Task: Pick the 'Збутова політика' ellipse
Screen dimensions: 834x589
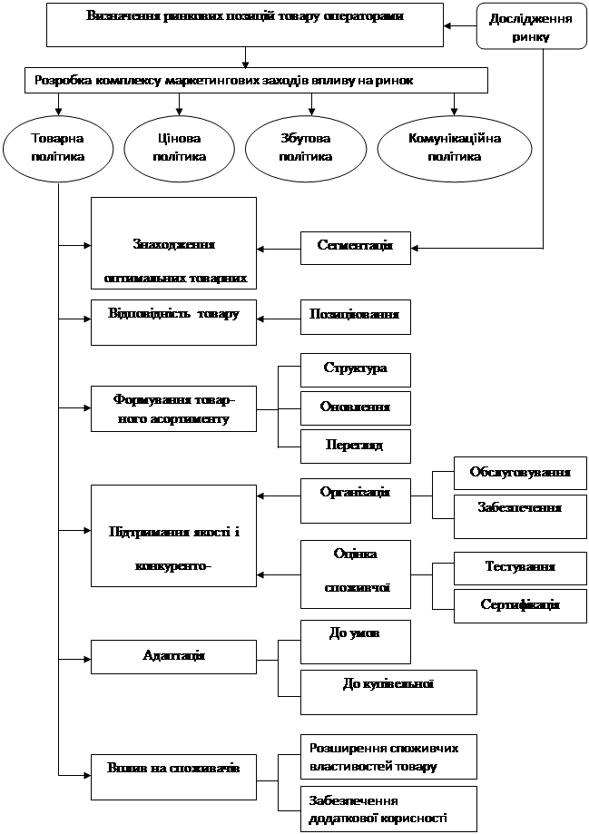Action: click(x=305, y=147)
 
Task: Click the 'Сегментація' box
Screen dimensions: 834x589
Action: click(x=355, y=246)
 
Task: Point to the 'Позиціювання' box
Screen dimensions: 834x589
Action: click(x=355, y=317)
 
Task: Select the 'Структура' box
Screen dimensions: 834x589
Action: click(x=355, y=369)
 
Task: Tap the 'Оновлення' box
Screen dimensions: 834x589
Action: click(x=355, y=407)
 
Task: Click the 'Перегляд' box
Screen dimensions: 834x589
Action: click(x=355, y=446)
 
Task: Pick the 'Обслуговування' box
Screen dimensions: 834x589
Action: click(x=520, y=473)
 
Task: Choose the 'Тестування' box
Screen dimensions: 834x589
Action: click(x=520, y=567)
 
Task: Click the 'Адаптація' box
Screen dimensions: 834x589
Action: click(x=173, y=655)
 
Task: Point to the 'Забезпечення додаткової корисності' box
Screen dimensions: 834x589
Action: click(x=388, y=809)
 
